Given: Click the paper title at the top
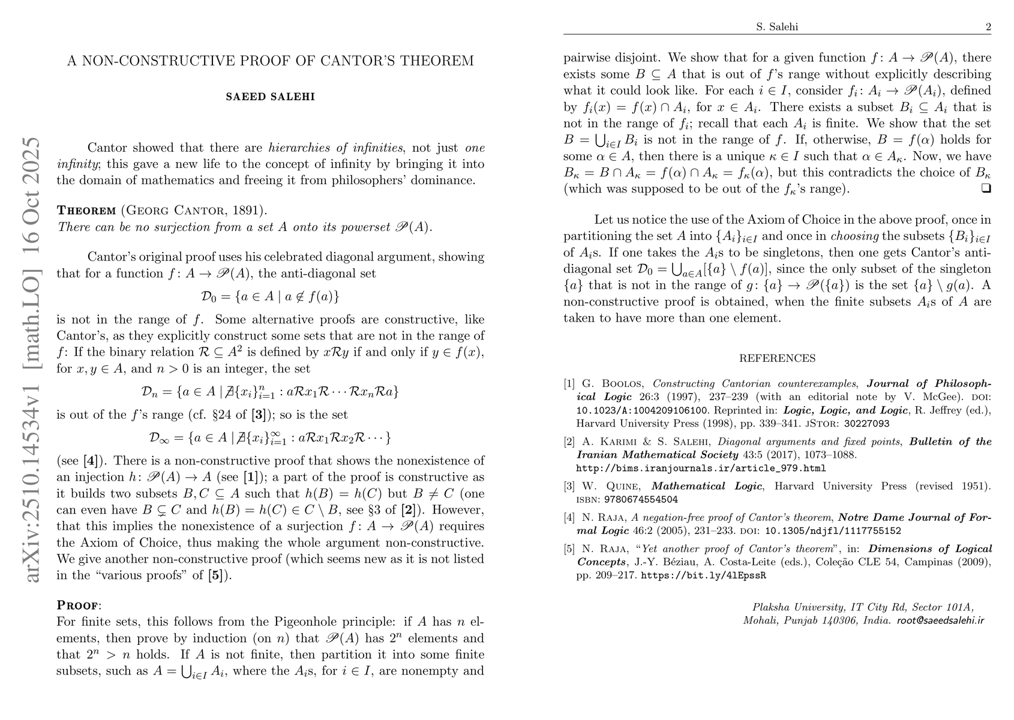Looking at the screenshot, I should point(270,61).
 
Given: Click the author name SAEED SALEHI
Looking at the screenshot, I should point(270,97).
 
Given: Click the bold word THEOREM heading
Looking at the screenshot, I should point(86,211).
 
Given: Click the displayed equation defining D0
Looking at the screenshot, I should point(270,296).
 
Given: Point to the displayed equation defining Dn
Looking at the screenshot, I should point(270,392).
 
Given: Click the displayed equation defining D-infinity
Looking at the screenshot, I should point(270,437).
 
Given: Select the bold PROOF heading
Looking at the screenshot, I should point(78,605).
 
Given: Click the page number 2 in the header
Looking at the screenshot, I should point(988,27).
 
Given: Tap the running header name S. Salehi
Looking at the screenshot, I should point(777,27).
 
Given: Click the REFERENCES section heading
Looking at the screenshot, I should point(777,359).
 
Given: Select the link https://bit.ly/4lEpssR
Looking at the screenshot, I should point(704,575).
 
